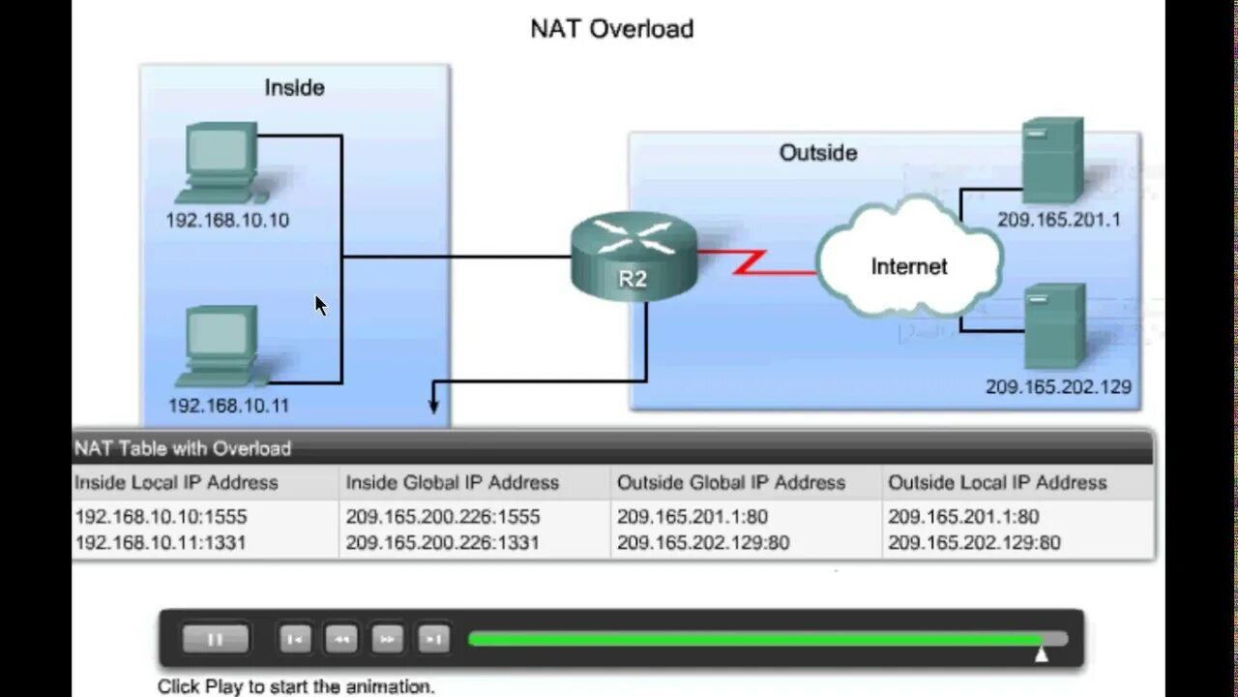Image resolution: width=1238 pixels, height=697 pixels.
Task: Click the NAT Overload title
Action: (x=611, y=29)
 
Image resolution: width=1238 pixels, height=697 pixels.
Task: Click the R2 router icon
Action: (x=634, y=257)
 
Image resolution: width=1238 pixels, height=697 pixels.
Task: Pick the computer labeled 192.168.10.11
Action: (x=221, y=345)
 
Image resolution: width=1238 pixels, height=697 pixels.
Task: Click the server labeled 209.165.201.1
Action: (x=1051, y=160)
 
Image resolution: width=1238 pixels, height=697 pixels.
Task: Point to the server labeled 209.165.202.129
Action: (x=1053, y=326)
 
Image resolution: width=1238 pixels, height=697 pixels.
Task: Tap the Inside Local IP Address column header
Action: (x=176, y=482)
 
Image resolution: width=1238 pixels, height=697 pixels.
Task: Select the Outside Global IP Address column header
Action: (x=731, y=482)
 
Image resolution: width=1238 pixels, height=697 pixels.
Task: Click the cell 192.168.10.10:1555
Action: (x=161, y=517)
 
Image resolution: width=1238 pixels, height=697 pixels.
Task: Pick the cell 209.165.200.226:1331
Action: (x=442, y=543)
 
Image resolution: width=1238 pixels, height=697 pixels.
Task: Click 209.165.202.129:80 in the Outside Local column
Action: (x=974, y=543)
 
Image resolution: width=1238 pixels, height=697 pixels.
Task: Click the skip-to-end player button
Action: (x=434, y=639)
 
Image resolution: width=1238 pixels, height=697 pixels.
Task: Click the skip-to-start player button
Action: (x=294, y=639)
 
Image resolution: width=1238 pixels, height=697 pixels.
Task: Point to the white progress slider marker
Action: (x=1042, y=653)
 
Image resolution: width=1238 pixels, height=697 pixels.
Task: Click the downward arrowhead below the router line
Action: (x=434, y=407)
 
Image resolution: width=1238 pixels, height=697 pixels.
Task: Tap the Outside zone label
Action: (x=818, y=153)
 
